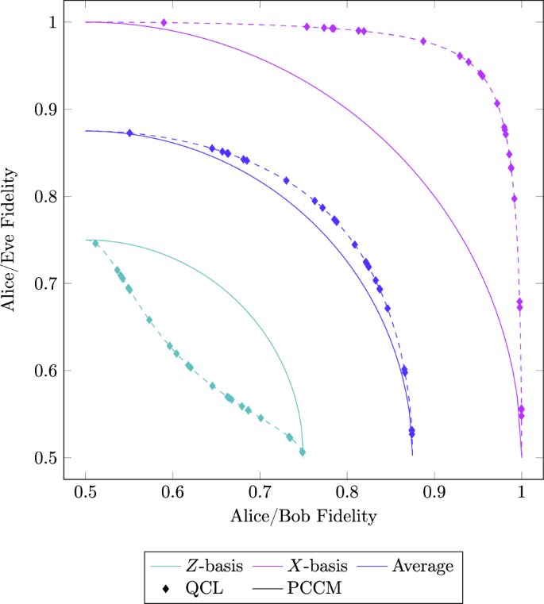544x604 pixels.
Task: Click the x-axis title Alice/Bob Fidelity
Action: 303,516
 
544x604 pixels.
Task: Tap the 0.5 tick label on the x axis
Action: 86,492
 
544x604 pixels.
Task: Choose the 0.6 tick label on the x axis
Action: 172,492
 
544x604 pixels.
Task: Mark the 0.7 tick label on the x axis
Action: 260,492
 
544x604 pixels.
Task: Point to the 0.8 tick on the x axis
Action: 347,492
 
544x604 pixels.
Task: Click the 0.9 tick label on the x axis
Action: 434,492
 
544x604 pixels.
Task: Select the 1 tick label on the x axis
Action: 522,492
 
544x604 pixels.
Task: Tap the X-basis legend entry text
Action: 318,566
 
